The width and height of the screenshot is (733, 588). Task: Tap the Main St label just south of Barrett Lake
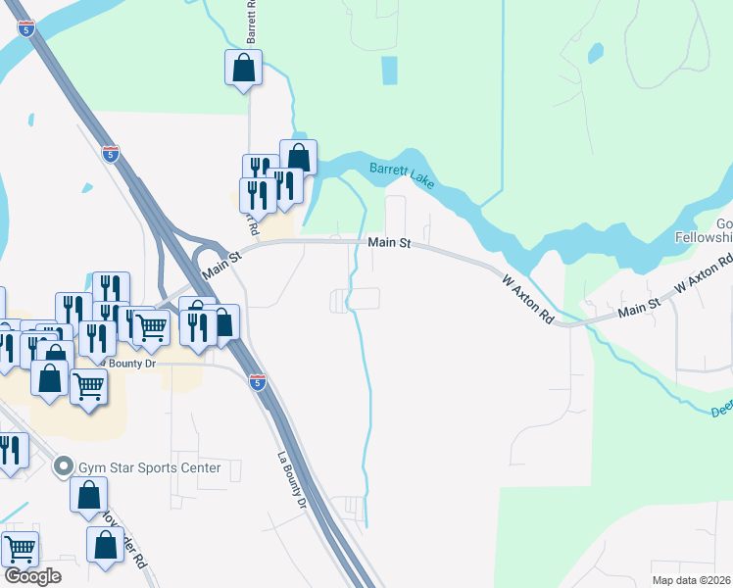(x=388, y=242)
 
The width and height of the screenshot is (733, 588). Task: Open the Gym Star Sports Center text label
(x=151, y=467)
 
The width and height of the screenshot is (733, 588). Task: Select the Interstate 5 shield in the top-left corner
(x=28, y=28)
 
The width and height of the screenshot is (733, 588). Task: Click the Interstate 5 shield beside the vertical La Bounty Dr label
(x=257, y=381)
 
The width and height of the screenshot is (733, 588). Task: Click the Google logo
(x=32, y=576)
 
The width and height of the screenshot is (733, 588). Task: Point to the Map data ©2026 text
(x=692, y=580)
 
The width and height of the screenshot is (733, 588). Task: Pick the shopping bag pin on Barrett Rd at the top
(x=243, y=68)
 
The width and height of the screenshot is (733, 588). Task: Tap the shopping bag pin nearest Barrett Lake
(x=298, y=157)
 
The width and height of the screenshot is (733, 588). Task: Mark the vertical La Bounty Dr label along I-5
(x=291, y=479)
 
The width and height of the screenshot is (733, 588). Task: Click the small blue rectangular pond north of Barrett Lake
(x=389, y=71)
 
